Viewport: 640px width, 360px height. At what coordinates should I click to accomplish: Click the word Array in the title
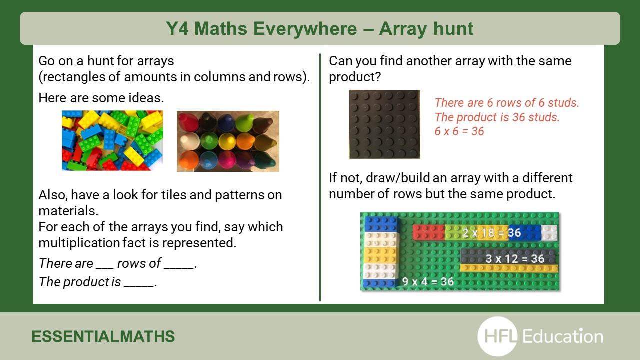(x=403, y=29)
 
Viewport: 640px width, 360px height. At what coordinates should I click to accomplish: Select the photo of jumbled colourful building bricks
(x=112, y=140)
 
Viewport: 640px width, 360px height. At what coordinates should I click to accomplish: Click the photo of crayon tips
(x=228, y=141)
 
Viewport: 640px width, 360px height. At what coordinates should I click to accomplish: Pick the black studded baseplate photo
(x=384, y=124)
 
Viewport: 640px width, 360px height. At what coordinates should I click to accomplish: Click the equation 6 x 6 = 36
(x=459, y=131)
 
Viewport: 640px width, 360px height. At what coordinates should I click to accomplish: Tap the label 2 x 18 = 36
(x=491, y=233)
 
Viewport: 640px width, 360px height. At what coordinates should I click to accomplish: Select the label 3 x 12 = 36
(x=515, y=259)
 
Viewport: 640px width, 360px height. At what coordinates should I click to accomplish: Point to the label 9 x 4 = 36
(x=428, y=281)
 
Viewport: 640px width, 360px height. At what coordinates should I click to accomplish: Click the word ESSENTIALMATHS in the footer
(x=103, y=336)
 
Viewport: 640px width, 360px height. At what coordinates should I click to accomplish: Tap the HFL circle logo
(x=498, y=336)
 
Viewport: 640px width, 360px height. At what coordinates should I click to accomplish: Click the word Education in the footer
(x=563, y=336)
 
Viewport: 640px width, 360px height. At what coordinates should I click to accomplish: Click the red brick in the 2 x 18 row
(x=429, y=232)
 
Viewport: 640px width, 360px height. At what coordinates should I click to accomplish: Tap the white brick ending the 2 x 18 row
(x=549, y=232)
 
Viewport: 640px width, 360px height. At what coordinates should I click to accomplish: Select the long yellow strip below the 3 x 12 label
(x=509, y=268)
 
